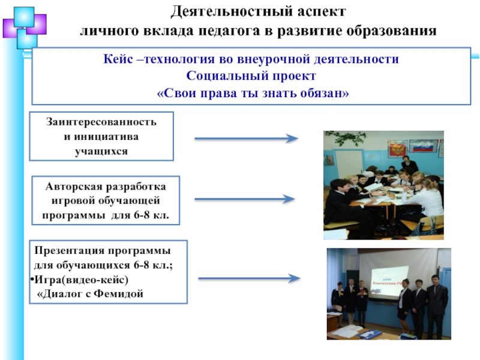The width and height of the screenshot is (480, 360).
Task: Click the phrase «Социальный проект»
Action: (x=250, y=77)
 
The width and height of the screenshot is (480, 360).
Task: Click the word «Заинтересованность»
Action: (x=101, y=122)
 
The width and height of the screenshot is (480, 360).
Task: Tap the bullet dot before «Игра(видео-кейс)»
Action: (x=31, y=280)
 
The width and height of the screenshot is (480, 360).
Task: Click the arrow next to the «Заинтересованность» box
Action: (x=246, y=139)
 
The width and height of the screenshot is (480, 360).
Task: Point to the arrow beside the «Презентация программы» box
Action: (x=248, y=278)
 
